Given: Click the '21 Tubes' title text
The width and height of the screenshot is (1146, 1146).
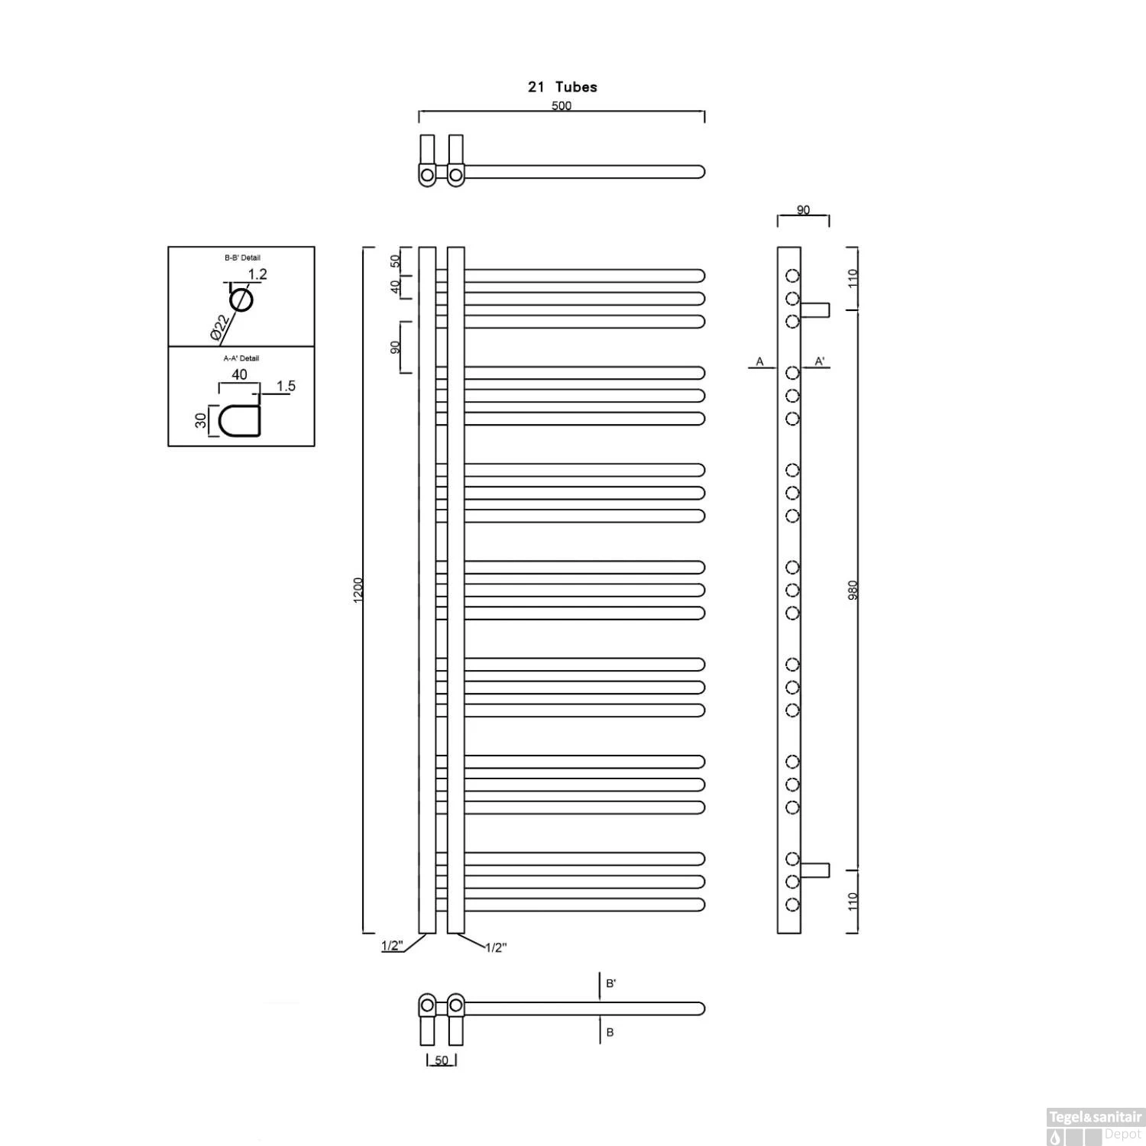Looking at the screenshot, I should coord(562,87).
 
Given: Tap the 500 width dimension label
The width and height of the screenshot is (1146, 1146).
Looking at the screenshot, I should coord(562,106).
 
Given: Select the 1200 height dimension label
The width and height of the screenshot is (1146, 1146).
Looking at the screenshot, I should coord(359,590).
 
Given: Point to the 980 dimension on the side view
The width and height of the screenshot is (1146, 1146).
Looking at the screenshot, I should coord(853,590).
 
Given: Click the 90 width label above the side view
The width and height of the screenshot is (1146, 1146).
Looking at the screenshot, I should coord(803,210).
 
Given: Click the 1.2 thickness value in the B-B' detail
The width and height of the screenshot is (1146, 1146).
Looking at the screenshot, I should coord(257,274).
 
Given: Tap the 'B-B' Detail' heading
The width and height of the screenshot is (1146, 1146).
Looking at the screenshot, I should coord(242,258).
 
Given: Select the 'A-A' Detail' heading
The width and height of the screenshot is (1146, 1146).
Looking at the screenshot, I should coord(241,358).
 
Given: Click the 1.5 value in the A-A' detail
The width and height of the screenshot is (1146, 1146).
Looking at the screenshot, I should coord(286,387).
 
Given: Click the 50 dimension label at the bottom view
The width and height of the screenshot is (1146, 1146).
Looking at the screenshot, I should coord(442,1060).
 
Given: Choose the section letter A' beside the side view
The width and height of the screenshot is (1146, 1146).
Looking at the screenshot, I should coord(819,361).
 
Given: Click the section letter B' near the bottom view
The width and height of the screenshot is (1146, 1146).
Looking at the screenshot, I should coord(610,983).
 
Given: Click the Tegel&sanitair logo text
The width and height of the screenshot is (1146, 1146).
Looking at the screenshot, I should coord(1095,1118).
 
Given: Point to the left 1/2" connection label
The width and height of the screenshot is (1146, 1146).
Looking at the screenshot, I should coord(392,947).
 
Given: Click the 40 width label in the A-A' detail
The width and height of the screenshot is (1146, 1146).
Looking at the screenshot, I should coord(239,375).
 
